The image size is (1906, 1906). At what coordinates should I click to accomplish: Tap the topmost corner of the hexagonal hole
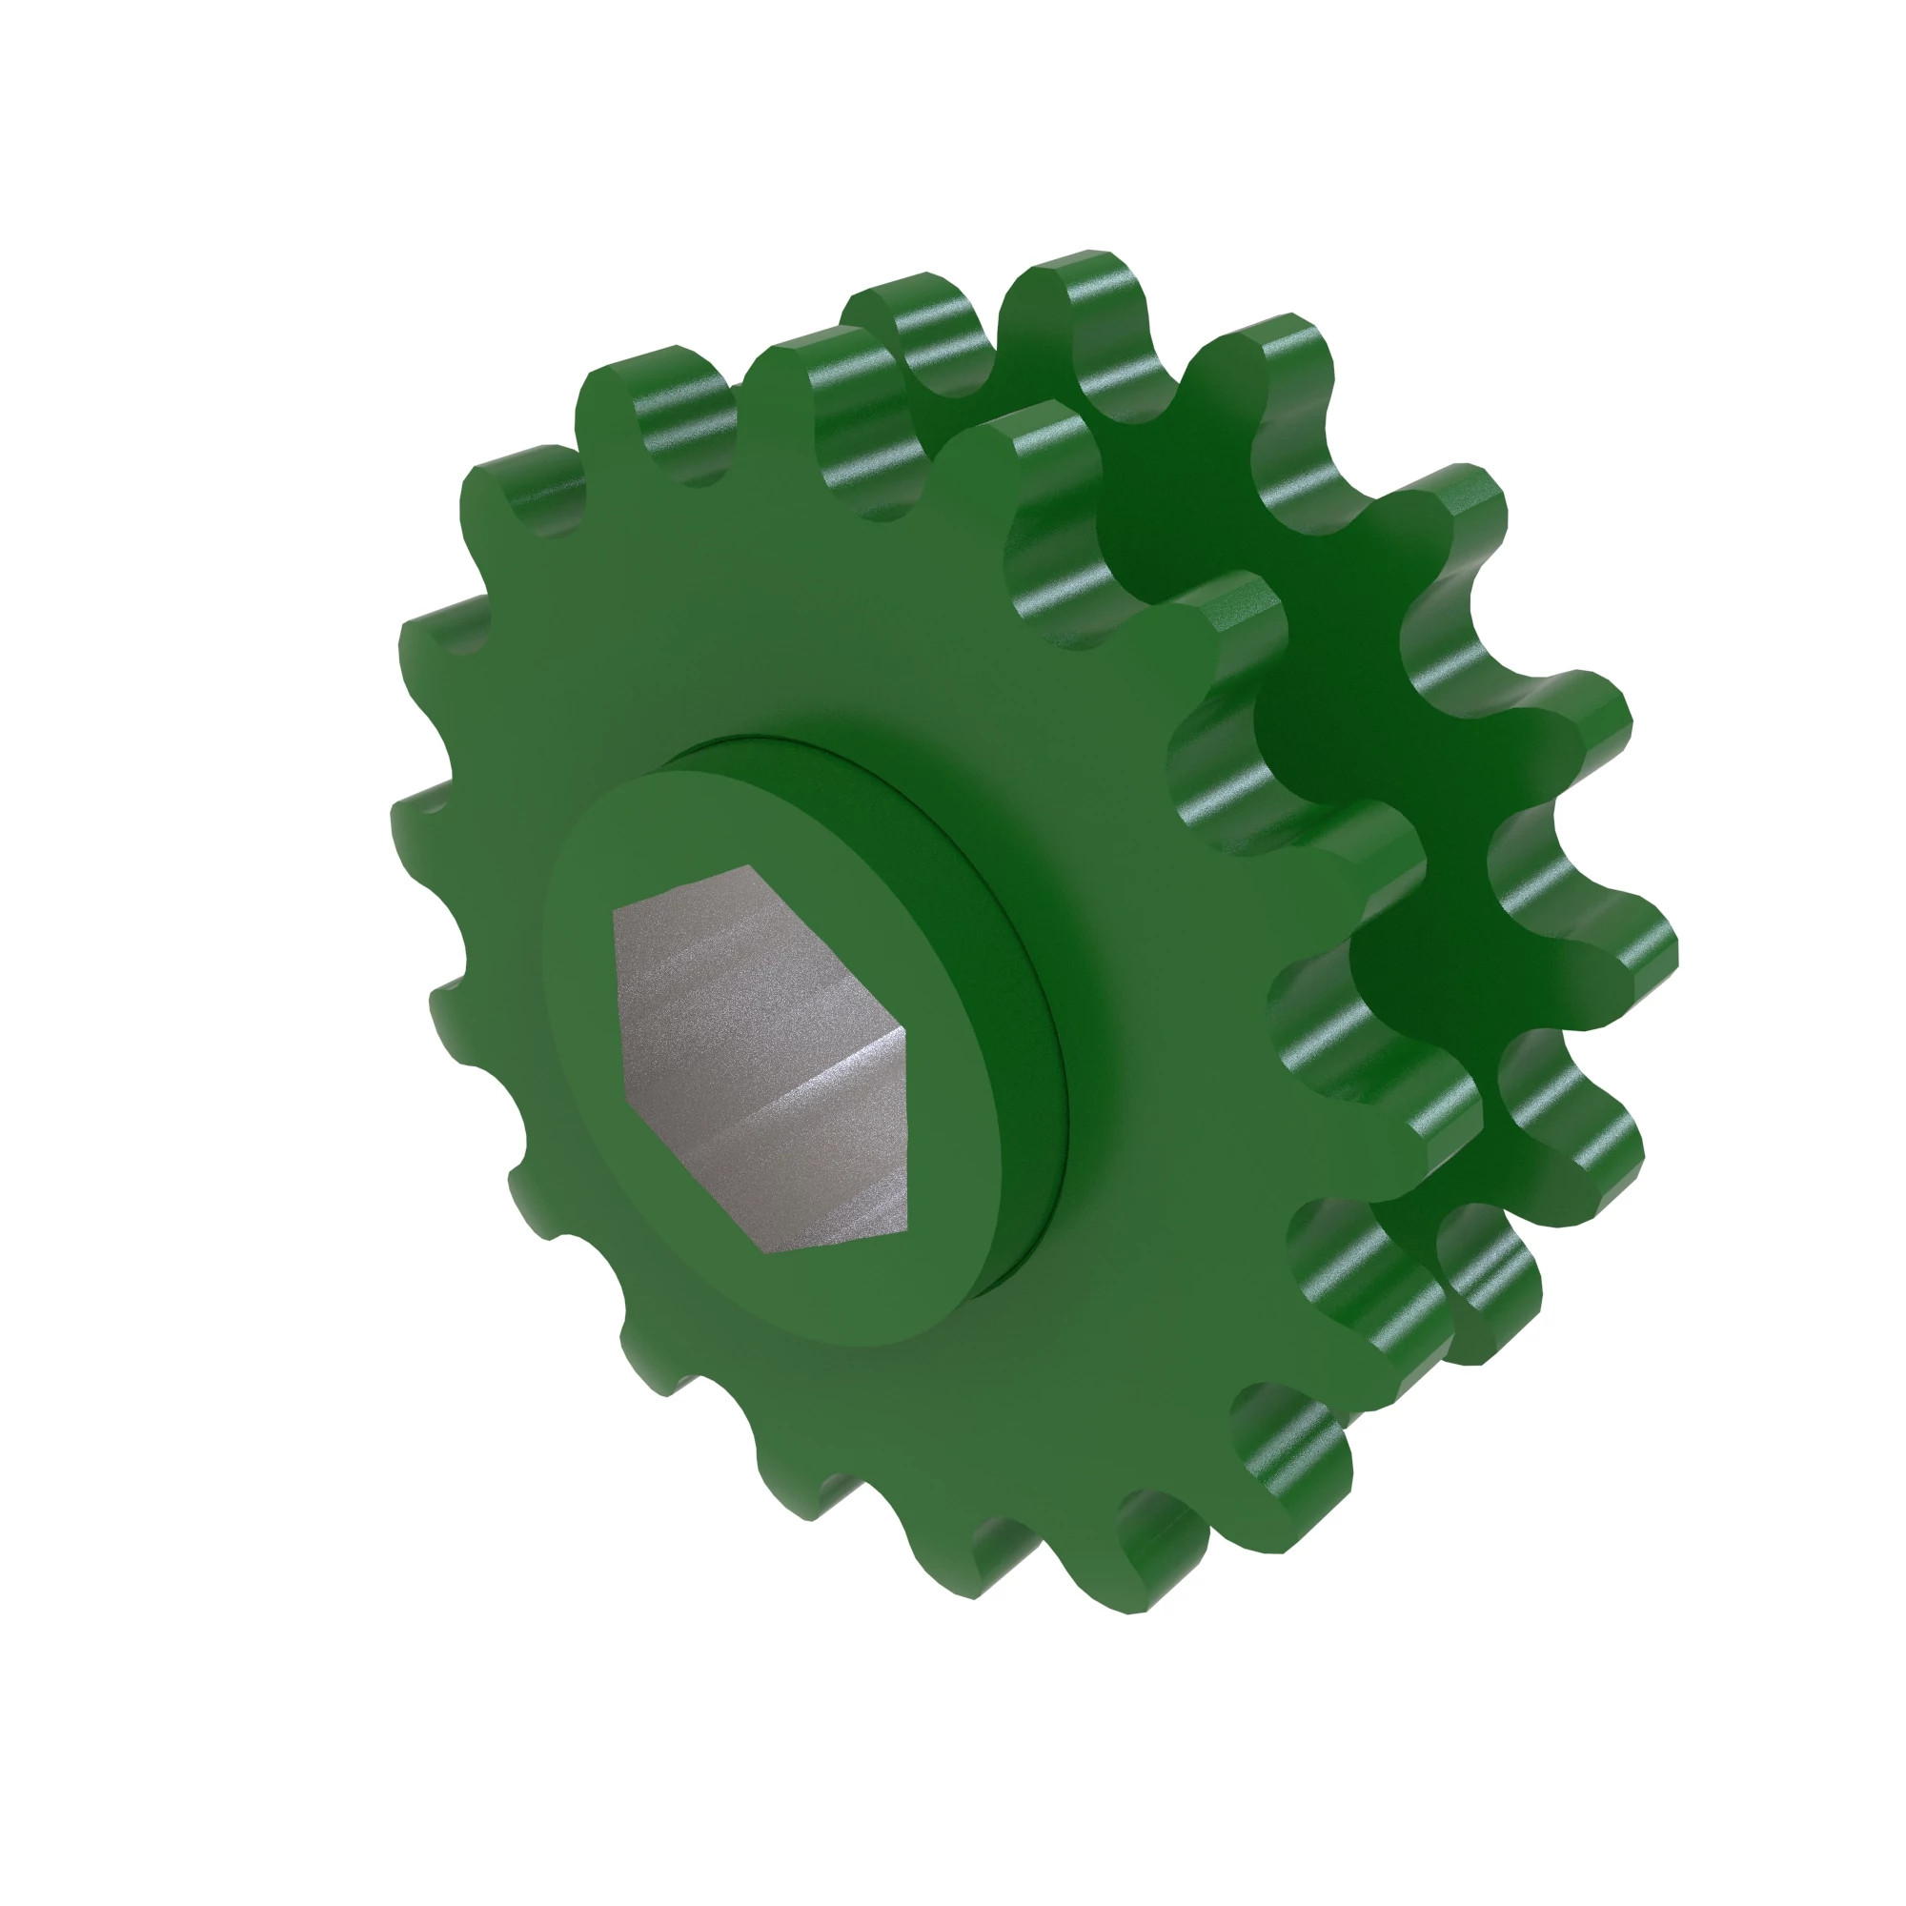pos(748,866)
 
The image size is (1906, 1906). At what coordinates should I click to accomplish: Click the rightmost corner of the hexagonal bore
pos(905,1028)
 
